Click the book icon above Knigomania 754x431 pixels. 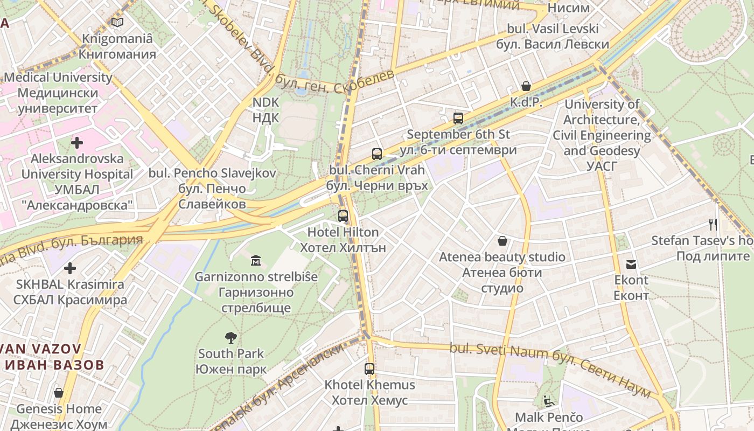pos(117,22)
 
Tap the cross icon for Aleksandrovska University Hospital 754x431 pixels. pos(77,143)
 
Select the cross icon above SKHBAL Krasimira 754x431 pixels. pos(70,268)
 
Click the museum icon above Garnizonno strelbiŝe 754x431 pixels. pos(256,261)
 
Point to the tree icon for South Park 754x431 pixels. pos(231,338)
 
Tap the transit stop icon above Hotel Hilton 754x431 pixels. pos(343,216)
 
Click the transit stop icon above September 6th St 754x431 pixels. pos(458,119)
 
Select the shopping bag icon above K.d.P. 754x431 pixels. pos(526,86)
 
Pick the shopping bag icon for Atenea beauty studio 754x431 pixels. pos(502,241)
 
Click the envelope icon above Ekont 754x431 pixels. pos(631,264)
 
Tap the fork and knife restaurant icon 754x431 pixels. pos(713,224)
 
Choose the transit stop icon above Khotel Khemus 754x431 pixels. pos(369,369)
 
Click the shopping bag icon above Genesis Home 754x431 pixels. pos(59,393)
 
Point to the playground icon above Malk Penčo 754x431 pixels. pos(548,401)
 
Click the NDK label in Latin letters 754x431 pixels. pos(266,102)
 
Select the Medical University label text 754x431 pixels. pos(58,78)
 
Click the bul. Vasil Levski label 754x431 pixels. pos(553,29)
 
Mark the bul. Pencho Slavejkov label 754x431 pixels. pos(212,173)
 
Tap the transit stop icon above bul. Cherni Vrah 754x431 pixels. pos(376,154)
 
